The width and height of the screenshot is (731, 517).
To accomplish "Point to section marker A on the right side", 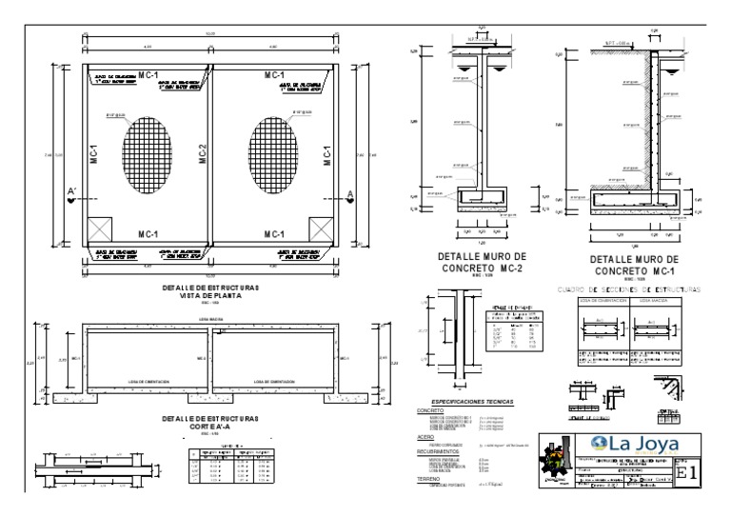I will point(348,196).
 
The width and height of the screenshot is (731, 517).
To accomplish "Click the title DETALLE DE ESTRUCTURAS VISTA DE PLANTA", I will point(211,291).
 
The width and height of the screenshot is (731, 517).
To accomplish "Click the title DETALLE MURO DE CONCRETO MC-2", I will point(480,263).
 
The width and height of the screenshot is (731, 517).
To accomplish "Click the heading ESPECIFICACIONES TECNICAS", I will point(472,403).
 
